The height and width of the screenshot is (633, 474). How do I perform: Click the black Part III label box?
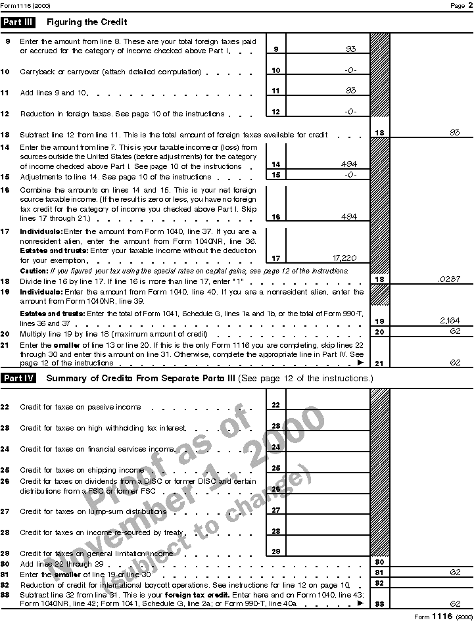click(19, 22)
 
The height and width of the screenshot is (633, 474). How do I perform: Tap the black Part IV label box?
click(19, 378)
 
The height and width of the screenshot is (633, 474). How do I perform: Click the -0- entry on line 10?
click(350, 70)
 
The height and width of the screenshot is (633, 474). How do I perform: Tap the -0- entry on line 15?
click(350, 175)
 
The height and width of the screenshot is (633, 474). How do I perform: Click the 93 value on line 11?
click(350, 91)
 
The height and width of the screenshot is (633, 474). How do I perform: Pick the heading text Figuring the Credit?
click(87, 22)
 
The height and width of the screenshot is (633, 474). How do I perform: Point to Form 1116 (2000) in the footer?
click(443, 617)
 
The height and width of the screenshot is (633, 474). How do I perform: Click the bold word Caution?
click(34, 270)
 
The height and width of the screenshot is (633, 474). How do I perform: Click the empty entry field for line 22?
click(327, 405)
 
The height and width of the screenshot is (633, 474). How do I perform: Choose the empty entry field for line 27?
click(327, 509)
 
